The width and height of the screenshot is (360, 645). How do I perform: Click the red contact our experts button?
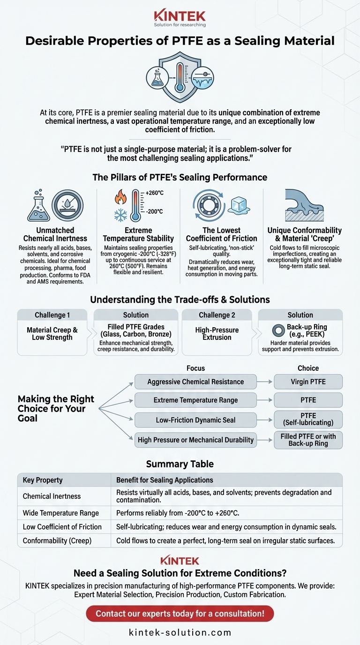180,613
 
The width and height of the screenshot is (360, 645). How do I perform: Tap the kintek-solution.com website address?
180,632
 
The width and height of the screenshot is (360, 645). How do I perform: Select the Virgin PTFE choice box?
308,382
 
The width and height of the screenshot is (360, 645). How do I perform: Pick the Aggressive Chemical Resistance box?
195,382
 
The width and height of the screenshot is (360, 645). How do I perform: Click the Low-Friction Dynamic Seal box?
195,420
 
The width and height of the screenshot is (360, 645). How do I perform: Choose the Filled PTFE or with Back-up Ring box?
308,439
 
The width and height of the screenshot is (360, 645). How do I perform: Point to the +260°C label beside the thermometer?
154,193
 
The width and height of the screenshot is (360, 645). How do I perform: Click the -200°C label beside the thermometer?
154,211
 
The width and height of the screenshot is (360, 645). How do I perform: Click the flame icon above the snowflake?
120,198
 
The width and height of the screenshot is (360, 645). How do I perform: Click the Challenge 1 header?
52,315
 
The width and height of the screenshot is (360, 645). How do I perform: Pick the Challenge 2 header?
217,315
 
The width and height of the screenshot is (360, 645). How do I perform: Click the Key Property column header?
43,480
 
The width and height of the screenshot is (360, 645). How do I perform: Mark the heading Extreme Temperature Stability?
138,234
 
